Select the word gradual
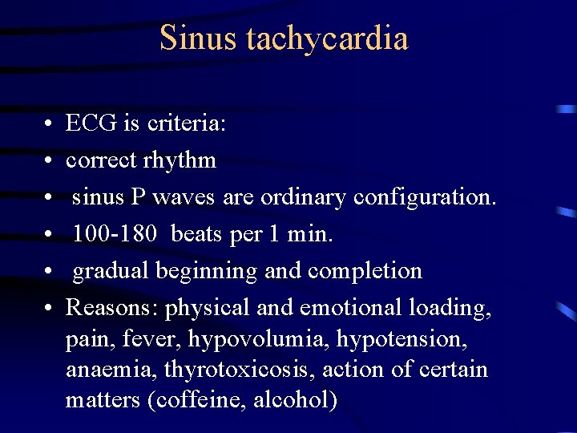click(x=114, y=271)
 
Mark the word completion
click(x=368, y=271)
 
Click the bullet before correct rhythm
click(x=49, y=161)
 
